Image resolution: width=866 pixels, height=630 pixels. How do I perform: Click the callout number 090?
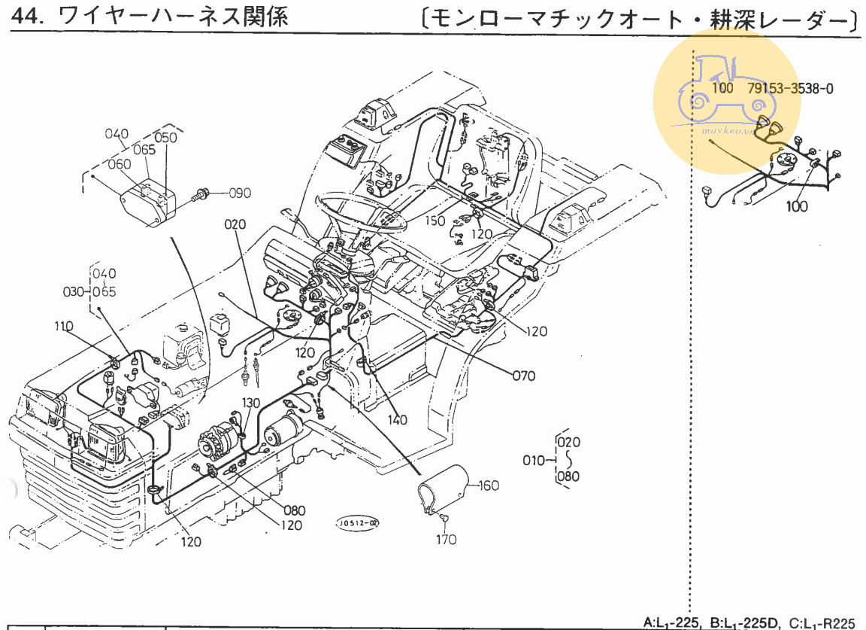[240, 193]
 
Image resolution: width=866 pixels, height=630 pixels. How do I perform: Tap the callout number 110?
[64, 326]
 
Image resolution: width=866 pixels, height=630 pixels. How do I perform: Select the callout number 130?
[250, 403]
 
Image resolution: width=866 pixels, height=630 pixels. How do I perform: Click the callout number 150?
[435, 221]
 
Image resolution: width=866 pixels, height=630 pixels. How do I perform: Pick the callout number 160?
[488, 485]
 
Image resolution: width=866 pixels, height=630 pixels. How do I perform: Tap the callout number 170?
[446, 539]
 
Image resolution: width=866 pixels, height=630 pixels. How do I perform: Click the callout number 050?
[165, 137]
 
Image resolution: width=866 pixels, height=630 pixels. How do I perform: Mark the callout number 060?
[120, 164]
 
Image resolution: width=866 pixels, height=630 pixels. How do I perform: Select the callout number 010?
[534, 459]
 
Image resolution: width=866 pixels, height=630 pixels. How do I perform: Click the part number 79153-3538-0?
[790, 88]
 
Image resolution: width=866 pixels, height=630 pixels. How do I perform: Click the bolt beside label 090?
[201, 195]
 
